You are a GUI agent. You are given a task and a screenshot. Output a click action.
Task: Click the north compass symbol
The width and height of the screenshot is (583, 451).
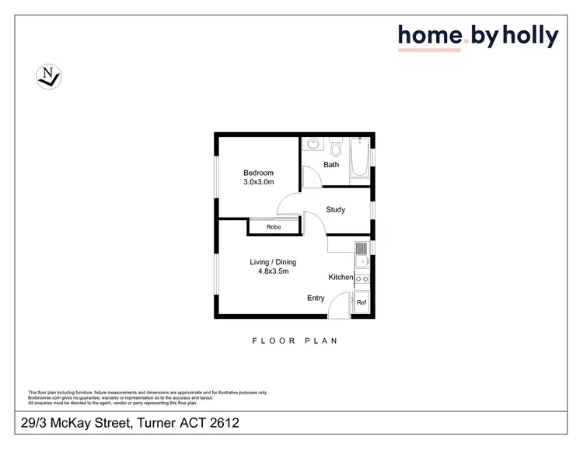pos(49,75)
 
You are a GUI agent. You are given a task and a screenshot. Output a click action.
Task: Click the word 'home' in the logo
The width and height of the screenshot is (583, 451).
pos(431,36)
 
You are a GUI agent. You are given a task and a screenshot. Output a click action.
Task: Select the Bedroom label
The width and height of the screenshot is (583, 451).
pos(258,173)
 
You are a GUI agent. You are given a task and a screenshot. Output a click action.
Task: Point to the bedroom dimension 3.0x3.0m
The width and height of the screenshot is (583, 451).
pos(258,183)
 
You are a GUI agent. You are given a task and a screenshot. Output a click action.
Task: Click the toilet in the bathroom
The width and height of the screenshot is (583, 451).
pos(336,146)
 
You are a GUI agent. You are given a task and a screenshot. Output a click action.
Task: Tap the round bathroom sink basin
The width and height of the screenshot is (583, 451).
pos(312,144)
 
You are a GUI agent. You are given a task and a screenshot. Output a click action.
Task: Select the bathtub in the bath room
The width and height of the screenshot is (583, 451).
pos(360,158)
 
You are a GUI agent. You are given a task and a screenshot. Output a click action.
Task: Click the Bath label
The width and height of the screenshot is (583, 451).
pos(331,165)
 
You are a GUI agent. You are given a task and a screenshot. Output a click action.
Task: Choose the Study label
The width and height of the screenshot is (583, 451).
pos(335,210)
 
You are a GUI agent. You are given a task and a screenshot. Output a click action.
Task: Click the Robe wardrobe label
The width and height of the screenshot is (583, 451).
pos(274,227)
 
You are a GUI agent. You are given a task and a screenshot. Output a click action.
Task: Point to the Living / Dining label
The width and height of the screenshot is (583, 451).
pos(273,262)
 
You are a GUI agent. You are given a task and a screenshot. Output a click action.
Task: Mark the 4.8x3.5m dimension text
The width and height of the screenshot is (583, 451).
pos(273,272)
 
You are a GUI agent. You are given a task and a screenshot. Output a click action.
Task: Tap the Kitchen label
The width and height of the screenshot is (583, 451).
pos(340,278)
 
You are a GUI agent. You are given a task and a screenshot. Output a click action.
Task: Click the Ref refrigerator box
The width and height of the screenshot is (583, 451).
pos(361,303)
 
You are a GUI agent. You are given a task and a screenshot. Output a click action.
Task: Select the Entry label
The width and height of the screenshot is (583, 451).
pos(316,298)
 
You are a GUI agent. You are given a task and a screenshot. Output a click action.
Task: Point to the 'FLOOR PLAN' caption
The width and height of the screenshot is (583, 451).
pos(295,341)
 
